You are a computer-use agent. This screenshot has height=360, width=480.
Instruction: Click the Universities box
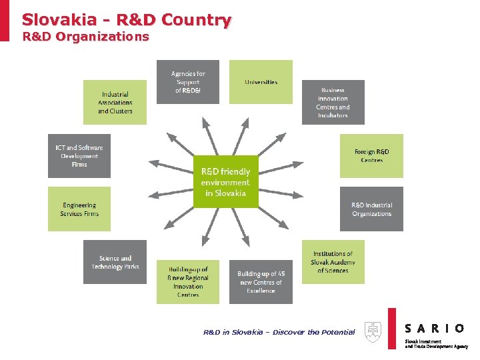coord(261,82)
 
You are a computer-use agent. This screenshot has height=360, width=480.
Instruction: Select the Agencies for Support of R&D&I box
coord(187,82)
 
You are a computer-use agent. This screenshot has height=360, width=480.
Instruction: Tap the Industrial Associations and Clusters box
coord(115,103)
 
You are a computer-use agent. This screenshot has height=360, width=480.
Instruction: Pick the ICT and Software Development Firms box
coord(79,156)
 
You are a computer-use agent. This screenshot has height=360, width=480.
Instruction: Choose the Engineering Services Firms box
coord(79,209)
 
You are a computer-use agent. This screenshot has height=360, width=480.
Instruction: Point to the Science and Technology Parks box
coord(115,262)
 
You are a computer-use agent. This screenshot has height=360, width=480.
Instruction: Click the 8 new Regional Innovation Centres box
coord(187,282)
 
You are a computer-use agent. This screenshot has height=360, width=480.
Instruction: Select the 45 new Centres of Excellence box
coord(261,282)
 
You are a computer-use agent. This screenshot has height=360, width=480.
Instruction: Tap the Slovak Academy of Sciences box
coord(333,262)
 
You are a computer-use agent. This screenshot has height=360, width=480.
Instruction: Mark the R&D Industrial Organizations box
coord(371,209)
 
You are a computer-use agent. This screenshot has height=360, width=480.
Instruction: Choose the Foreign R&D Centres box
coord(371,156)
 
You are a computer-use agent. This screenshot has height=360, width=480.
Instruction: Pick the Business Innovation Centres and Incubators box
coord(333,103)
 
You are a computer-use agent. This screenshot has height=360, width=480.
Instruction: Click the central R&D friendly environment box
coord(225,181)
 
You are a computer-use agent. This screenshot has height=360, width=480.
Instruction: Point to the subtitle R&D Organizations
coord(85,37)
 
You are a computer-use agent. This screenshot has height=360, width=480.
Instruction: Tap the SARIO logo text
coord(435,328)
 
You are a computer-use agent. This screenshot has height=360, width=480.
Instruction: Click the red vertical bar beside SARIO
coord(392,328)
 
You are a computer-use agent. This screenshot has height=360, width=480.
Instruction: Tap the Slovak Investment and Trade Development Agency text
coord(436,344)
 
